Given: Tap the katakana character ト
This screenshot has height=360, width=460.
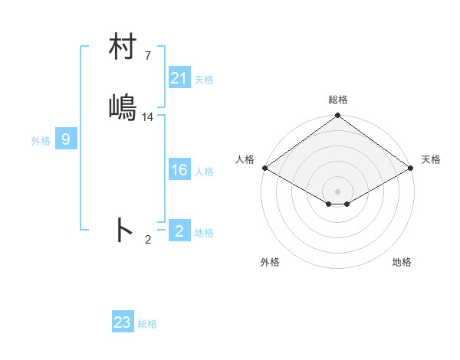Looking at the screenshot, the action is [123, 230].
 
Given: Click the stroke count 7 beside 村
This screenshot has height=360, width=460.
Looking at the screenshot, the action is [148, 56].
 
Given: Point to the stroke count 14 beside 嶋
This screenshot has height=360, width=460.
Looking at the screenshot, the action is [148, 116].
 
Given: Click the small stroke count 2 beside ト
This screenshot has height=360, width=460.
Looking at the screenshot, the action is [148, 240].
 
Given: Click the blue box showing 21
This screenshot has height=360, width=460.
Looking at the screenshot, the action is [179, 77].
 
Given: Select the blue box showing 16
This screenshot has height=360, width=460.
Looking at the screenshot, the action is [179, 170].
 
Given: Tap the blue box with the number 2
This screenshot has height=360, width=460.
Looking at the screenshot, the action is [179, 231].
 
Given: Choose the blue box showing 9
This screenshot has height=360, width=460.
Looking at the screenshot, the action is [66, 139].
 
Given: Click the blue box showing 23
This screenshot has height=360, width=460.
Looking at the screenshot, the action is [123, 322].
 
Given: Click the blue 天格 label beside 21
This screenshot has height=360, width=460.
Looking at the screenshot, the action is [204, 79].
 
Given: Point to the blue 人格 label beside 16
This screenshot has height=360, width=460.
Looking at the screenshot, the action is [204, 172].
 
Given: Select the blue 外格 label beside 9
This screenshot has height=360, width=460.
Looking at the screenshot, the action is [41, 141].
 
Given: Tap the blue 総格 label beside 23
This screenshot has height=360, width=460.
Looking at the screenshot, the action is [148, 324].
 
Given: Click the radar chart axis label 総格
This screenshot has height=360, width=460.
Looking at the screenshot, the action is [337, 100].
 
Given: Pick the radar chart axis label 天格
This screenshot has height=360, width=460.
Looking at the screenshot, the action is [431, 159].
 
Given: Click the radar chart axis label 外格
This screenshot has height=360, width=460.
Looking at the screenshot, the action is [270, 262].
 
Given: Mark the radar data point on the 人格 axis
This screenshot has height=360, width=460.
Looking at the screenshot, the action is [264, 168].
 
